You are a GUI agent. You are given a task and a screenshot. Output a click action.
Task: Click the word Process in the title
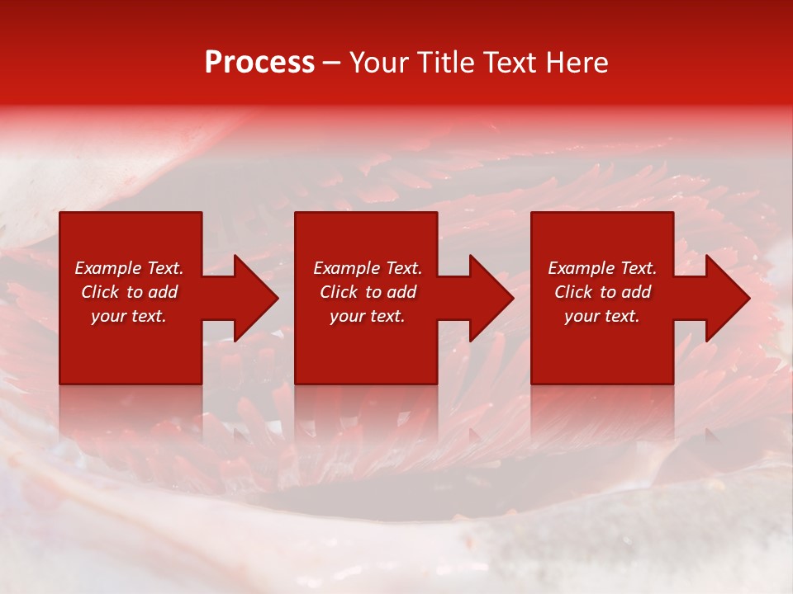pos(259,63)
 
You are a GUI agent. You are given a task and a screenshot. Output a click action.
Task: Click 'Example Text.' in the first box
pos(129,268)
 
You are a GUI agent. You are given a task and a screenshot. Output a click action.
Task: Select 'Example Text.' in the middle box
pos(368,268)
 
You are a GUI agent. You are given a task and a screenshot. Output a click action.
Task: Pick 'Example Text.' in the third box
pos(602,268)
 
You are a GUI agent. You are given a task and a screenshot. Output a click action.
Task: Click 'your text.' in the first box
pos(129,316)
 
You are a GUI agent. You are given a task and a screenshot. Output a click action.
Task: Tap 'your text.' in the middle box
pos(368,316)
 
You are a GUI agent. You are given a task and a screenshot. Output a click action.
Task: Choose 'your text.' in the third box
pos(602,316)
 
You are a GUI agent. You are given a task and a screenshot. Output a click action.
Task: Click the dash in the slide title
pos(331,64)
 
